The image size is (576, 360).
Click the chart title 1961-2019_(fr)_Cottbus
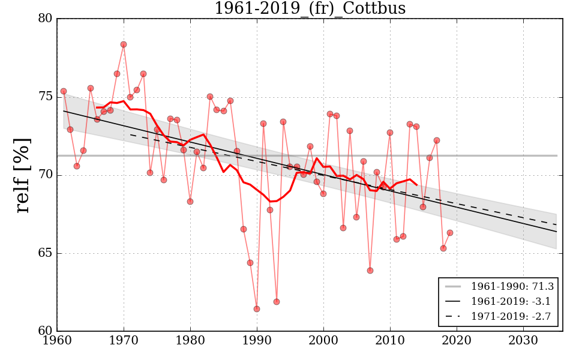pyautogui.click(x=310, y=9)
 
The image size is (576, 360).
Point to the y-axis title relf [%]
pyautogui.click(x=23, y=175)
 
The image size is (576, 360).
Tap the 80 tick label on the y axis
pyautogui.click(x=45, y=19)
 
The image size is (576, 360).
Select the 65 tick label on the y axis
pyautogui.click(x=45, y=253)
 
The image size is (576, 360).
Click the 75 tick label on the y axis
pyautogui.click(x=45, y=97)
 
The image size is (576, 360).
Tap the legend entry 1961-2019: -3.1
pyautogui.click(x=501, y=301)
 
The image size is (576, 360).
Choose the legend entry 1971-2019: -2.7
pyautogui.click(x=501, y=316)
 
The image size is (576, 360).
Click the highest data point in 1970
pyautogui.click(x=124, y=44)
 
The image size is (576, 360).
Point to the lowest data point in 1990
pyautogui.click(x=257, y=309)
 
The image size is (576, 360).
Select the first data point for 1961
pyautogui.click(x=64, y=91)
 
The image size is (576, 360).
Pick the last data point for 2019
pyautogui.click(x=450, y=233)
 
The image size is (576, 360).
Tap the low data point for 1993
pyautogui.click(x=277, y=302)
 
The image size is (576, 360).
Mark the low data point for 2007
pyautogui.click(x=370, y=271)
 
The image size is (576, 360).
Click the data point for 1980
pyautogui.click(x=190, y=202)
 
